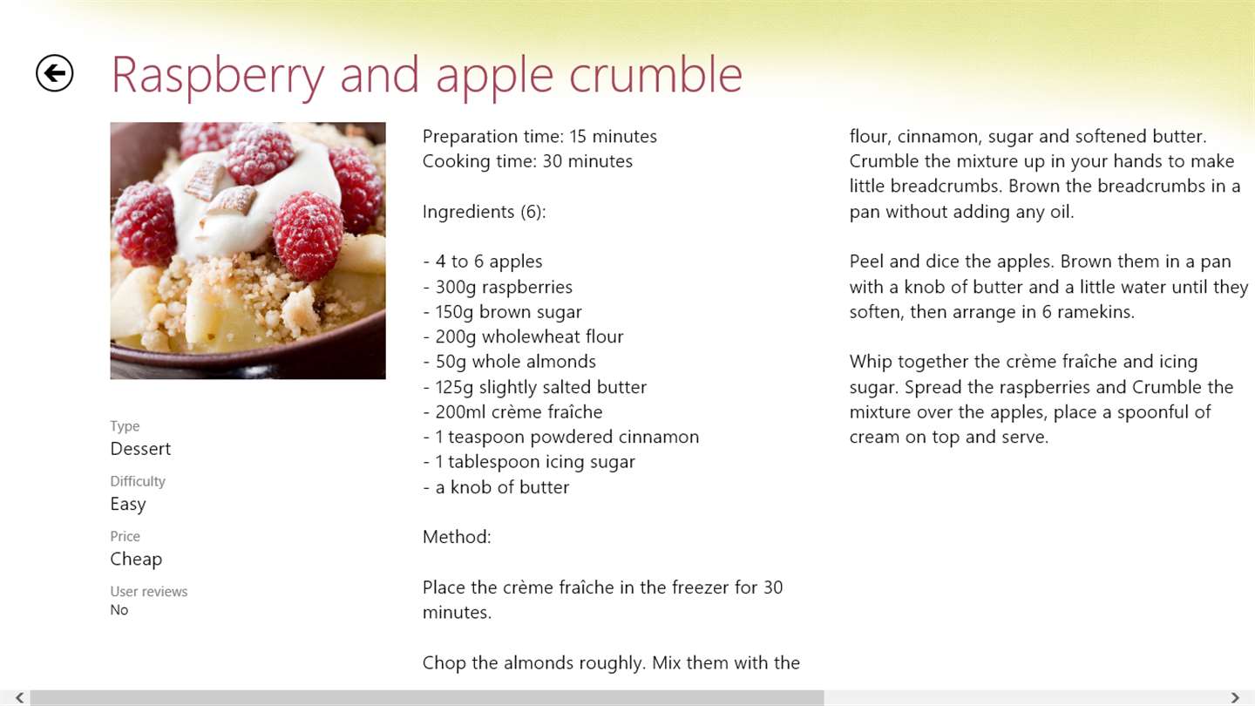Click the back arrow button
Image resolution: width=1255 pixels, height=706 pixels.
click(x=54, y=73)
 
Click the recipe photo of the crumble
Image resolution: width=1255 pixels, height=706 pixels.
click(x=248, y=250)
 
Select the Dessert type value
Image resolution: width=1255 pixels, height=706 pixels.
click(x=140, y=449)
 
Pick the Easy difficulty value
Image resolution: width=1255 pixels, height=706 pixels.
click(x=128, y=505)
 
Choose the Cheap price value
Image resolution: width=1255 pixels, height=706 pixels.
click(x=136, y=560)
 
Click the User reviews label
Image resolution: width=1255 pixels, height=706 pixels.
click(x=148, y=591)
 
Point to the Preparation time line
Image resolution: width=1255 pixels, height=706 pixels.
click(x=539, y=137)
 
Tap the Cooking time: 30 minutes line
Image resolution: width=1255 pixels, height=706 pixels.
click(x=527, y=161)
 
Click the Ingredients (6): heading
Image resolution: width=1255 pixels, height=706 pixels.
click(x=484, y=212)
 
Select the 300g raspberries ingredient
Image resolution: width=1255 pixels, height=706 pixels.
click(x=498, y=287)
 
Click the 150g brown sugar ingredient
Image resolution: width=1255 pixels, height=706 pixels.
click(x=502, y=312)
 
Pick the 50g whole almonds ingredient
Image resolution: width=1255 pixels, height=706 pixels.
click(x=509, y=362)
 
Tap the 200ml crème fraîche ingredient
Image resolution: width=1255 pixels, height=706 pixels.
click(x=512, y=411)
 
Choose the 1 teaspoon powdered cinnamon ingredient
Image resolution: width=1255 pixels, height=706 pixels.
click(x=561, y=437)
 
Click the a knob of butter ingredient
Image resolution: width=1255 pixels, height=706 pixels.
click(x=496, y=487)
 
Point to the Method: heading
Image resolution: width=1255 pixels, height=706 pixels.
click(x=457, y=537)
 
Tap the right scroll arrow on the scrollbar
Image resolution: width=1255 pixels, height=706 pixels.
click(x=1235, y=697)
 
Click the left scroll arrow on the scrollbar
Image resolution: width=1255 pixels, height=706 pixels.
click(x=20, y=697)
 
